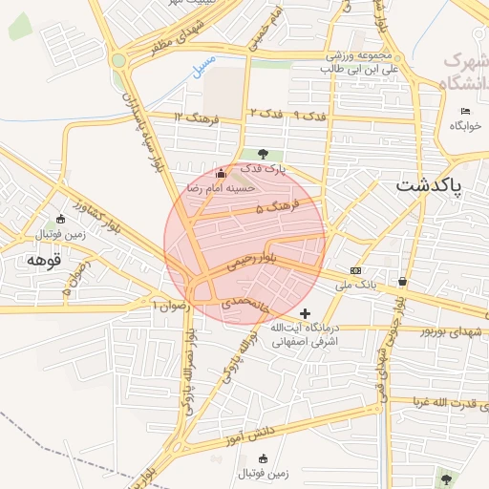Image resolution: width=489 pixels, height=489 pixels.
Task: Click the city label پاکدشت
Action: click(x=428, y=183)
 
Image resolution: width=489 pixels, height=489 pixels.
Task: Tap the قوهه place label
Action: click(x=44, y=259)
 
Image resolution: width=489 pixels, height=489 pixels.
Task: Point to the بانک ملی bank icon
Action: click(x=355, y=270)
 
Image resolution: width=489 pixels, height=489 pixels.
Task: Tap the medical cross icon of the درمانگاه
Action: click(x=305, y=313)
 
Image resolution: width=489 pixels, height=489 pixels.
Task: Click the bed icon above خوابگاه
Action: click(x=465, y=112)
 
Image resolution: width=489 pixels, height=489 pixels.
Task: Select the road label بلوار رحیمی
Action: click(x=252, y=259)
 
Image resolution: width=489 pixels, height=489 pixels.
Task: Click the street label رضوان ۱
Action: click(x=173, y=304)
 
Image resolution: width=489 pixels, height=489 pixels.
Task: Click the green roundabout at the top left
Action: click(x=118, y=60)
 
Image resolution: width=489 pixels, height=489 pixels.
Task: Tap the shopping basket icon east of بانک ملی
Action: click(x=402, y=281)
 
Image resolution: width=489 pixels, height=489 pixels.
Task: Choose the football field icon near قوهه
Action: click(x=61, y=219)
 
